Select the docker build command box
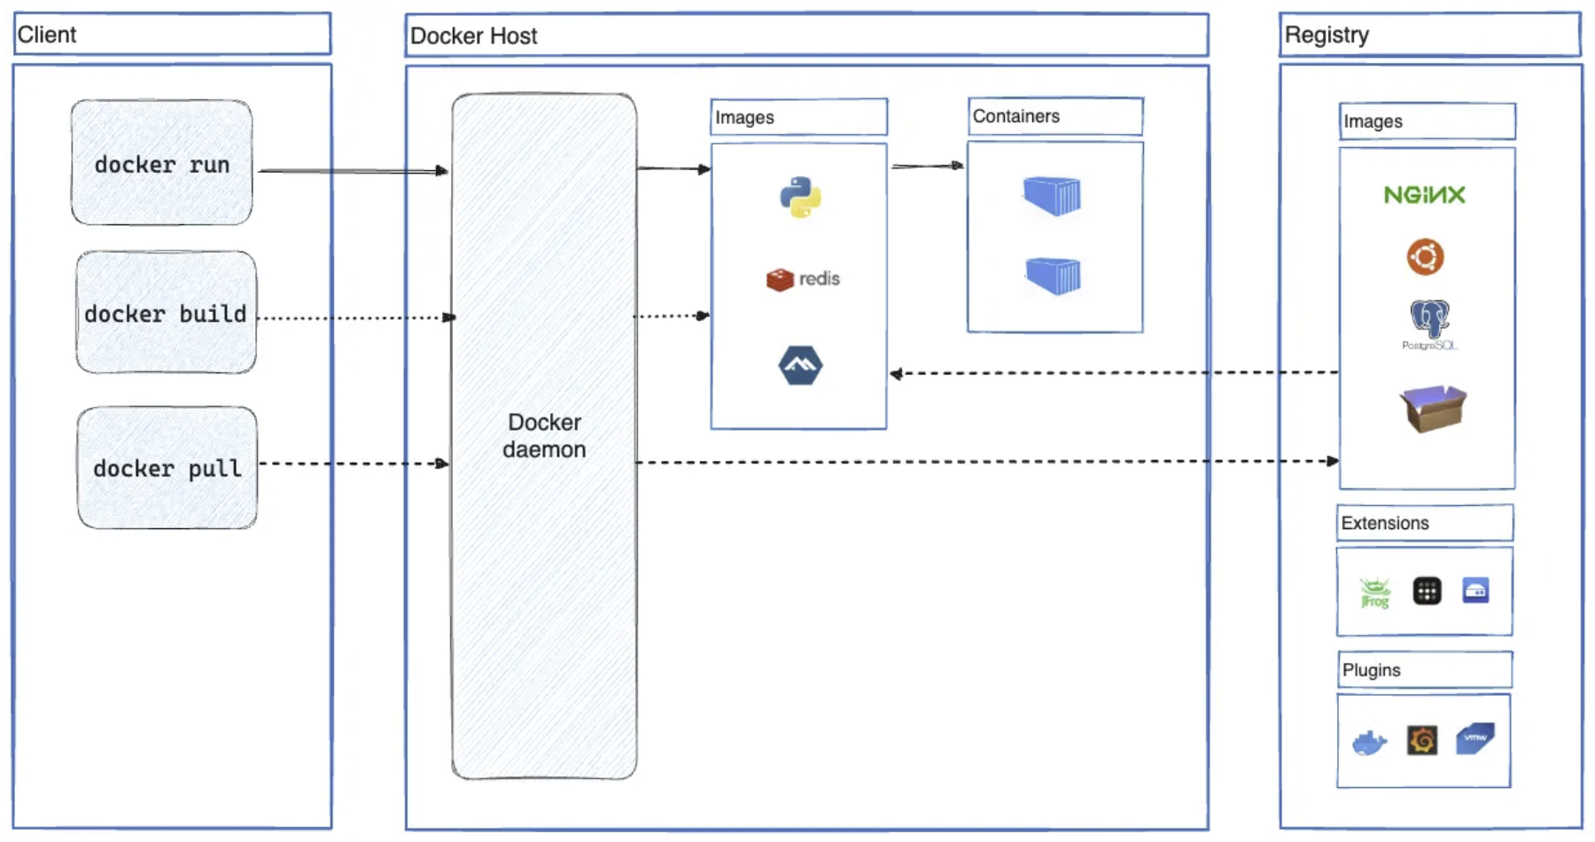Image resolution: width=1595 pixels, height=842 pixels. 166,312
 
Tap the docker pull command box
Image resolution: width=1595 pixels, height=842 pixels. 167,468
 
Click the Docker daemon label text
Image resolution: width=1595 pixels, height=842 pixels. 544,435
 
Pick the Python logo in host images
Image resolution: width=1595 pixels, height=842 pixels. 800,197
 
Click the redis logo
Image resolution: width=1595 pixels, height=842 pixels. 802,279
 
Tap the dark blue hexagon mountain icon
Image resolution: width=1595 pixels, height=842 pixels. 800,365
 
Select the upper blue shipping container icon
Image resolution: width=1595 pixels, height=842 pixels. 1052,196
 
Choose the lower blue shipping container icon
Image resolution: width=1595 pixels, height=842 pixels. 1053,276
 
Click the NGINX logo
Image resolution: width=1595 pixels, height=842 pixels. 1424,195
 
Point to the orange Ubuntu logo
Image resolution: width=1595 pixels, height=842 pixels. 1425,257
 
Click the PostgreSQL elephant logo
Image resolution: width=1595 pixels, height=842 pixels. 1428,321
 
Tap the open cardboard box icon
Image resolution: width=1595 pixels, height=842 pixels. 1432,408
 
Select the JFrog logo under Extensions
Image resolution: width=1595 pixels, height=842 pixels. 1374,592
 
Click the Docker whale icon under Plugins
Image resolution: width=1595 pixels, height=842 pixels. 1369,742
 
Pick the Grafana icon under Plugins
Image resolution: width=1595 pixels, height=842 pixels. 1422,740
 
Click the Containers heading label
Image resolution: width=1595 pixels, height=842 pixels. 1015,116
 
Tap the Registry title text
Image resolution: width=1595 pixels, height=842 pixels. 1327,35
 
